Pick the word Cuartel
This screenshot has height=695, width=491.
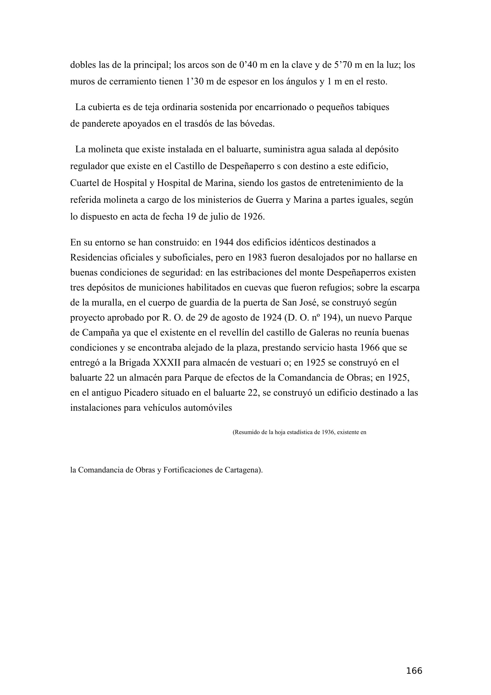pos(85,183)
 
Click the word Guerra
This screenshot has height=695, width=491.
pos(269,200)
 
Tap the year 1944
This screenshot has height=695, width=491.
pos(224,242)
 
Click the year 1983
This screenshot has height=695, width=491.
pos(257,258)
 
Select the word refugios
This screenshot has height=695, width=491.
pos(335,288)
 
